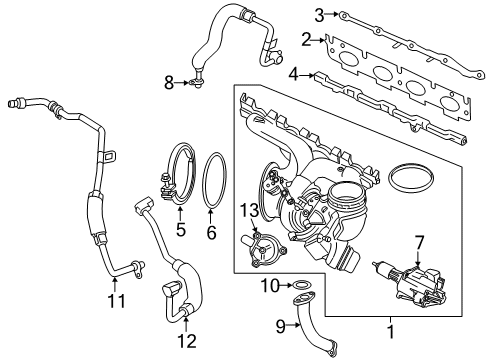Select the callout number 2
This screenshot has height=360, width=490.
tap(306, 40)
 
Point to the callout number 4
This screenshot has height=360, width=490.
tap(293, 73)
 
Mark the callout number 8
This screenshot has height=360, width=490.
tap(169, 82)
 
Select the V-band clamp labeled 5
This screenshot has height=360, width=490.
tap(179, 175)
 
